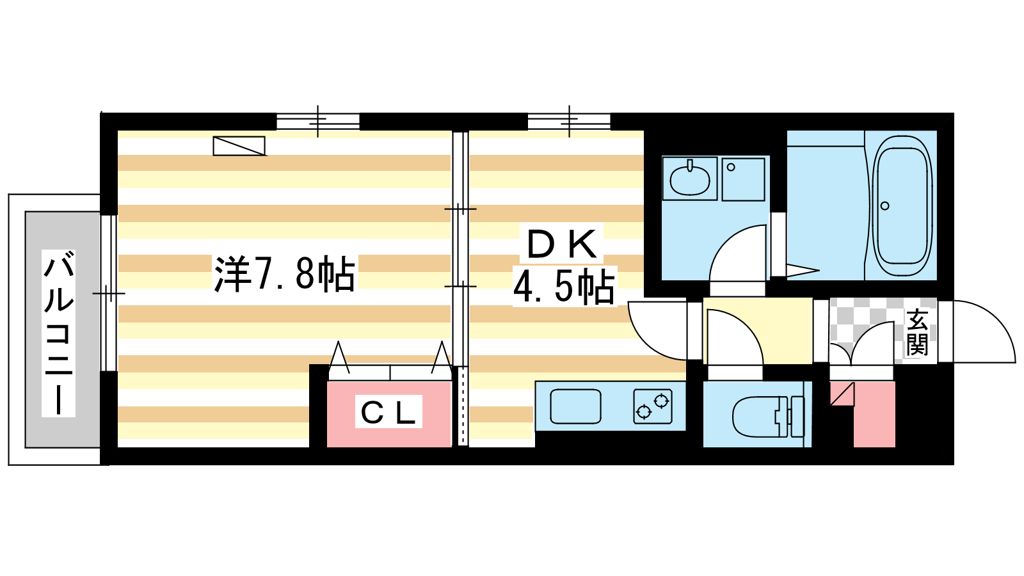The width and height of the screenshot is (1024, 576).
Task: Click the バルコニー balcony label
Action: pos(58,333)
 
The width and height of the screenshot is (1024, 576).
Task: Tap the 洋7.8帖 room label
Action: pos(284,274)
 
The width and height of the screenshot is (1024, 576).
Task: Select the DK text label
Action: pos(562,244)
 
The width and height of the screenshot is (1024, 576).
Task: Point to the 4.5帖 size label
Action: pos(564,286)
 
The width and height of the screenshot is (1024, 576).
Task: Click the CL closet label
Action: pos(388,412)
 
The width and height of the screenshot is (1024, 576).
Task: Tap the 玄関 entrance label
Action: pos(917,332)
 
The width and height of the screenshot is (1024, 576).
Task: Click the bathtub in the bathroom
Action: pos(902,205)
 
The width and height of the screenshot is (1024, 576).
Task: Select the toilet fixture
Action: pos(768,417)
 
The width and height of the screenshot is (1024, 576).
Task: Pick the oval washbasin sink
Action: pos(689,179)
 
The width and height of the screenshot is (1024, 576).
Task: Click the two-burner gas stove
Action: pos(653,406)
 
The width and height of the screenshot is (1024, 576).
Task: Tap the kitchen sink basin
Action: pos(575,406)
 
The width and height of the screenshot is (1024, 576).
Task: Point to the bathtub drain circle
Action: pos(884,206)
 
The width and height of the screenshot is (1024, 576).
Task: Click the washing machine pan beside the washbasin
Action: pos(743,179)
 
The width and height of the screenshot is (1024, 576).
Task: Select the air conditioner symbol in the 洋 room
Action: pos(239,146)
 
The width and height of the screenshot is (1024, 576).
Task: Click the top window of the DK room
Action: pos(569,122)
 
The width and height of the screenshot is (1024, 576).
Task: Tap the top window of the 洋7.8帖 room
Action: pos(318,122)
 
